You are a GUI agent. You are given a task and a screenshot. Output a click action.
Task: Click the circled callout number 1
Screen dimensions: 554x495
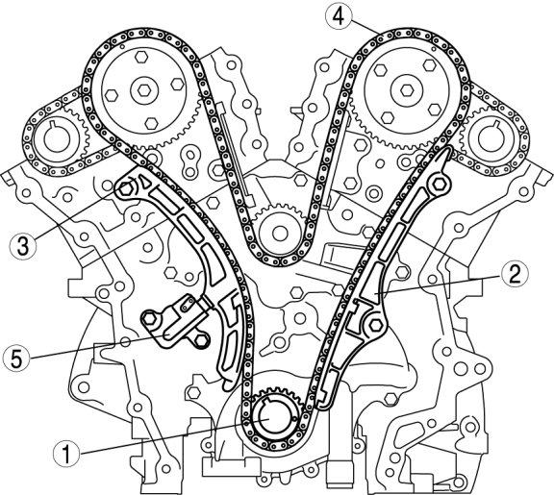pos(66,454)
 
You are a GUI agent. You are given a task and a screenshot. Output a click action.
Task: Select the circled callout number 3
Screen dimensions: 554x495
pos(23,246)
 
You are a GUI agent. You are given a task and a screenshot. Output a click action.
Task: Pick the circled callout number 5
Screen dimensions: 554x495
pos(16,359)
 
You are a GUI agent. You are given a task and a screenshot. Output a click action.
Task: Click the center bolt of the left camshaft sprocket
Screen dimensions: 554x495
pos(144,90)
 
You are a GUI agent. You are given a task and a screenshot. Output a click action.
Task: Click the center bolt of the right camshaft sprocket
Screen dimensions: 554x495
pos(407,90)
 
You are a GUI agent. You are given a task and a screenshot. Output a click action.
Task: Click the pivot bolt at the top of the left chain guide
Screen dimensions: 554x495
pos(126,188)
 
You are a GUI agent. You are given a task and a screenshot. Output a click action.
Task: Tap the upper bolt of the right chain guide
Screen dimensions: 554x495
pos(439,184)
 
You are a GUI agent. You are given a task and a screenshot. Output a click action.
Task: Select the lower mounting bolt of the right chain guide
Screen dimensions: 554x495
pos(375,325)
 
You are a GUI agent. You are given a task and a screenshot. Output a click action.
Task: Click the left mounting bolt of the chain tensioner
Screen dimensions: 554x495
pos(149,319)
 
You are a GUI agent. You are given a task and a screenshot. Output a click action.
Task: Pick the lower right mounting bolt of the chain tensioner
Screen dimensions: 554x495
pos(201,340)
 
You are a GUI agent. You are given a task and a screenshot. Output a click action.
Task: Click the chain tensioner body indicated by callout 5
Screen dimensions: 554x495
pos(176,322)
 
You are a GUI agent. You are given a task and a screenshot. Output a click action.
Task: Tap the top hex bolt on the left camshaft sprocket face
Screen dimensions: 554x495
pos(140,58)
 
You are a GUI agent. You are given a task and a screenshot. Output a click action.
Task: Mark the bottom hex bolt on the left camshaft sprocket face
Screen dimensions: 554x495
pos(152,123)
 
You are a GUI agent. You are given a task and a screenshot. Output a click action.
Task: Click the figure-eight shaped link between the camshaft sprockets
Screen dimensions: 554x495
pos(190,163)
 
